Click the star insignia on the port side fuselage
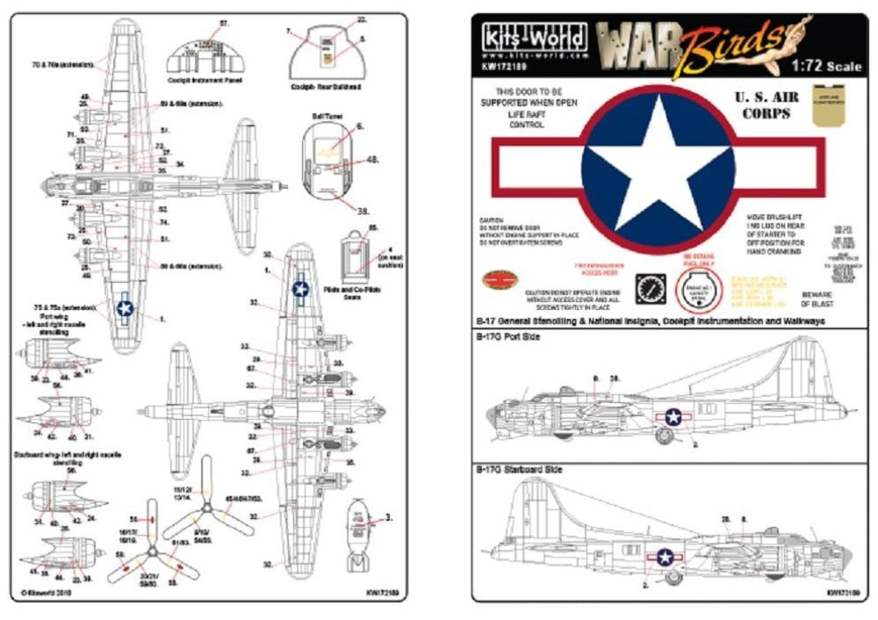[673, 417]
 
